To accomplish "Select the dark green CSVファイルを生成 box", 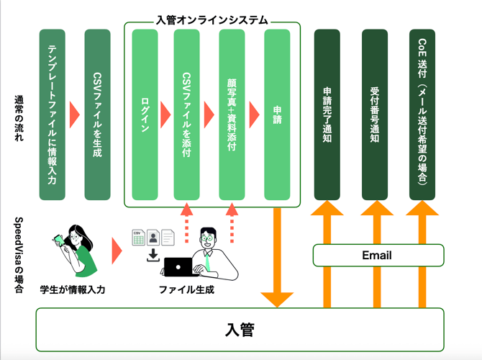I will [x=97, y=114].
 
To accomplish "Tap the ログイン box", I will [x=145, y=114].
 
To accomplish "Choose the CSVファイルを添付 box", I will [x=186, y=114].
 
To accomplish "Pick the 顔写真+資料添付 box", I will [x=232, y=114].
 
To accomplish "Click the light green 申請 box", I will [x=277, y=114].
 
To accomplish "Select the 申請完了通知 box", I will [x=327, y=114].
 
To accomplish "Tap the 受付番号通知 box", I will [x=375, y=114].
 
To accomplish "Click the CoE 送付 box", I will [x=422, y=114].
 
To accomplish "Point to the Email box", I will [x=377, y=255].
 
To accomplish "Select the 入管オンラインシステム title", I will [x=212, y=21].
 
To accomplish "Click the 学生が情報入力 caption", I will [x=73, y=289].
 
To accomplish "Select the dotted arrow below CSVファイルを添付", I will [x=186, y=223].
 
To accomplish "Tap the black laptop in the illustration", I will [x=177, y=267].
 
